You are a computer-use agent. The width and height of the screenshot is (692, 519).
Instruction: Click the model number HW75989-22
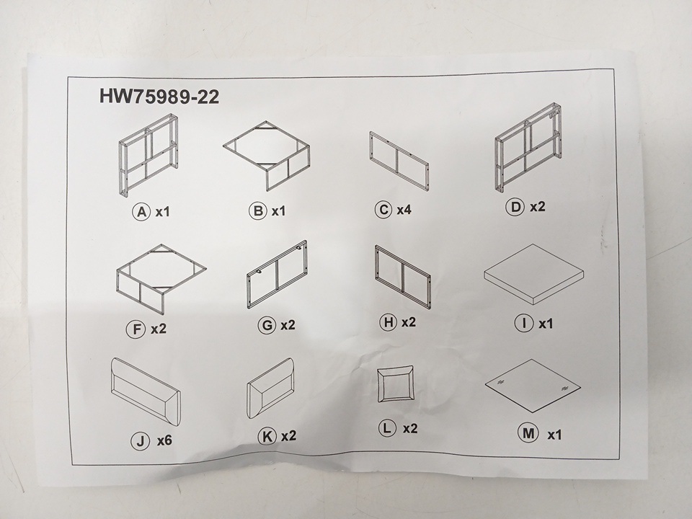click(x=159, y=97)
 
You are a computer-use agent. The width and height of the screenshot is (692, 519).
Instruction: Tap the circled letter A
click(x=141, y=212)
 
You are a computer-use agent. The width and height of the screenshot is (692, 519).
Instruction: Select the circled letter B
click(x=258, y=210)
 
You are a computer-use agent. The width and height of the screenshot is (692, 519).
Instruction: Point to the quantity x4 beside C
click(x=404, y=210)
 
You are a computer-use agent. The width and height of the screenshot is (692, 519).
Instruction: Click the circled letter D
click(x=515, y=207)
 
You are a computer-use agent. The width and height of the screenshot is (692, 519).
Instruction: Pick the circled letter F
click(x=136, y=329)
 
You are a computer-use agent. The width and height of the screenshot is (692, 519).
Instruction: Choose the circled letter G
click(x=267, y=325)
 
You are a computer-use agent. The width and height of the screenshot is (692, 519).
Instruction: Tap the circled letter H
click(x=389, y=322)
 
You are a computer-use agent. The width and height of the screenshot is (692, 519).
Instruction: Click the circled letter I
click(x=524, y=323)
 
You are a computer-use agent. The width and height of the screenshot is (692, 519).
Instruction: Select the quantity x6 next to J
click(x=164, y=440)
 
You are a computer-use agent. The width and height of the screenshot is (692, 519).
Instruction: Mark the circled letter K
click(x=267, y=437)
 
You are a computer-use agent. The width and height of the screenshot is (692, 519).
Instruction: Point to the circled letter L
click(x=388, y=427)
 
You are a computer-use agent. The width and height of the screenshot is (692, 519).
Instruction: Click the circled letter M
click(x=528, y=433)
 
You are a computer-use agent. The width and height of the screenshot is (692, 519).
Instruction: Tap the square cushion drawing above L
click(x=396, y=383)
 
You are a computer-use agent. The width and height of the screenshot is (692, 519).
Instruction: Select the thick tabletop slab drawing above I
click(x=534, y=274)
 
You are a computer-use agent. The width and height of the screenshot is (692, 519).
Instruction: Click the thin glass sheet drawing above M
click(x=533, y=386)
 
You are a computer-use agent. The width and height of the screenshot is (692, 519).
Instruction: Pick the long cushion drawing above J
click(x=145, y=391)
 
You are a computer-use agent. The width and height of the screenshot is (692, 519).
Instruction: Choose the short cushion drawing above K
click(x=270, y=388)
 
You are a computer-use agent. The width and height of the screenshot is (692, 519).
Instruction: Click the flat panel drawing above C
click(x=399, y=161)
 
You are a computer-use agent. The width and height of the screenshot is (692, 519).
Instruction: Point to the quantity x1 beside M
click(x=554, y=435)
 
